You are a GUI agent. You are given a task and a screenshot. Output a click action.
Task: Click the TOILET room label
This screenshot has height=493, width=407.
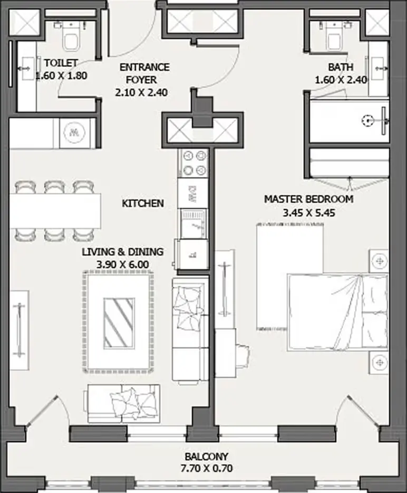coord(61,63)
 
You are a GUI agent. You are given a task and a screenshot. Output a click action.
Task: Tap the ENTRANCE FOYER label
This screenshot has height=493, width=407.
coord(144,73)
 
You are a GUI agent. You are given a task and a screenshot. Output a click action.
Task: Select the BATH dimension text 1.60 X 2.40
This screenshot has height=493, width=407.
coord(341,80)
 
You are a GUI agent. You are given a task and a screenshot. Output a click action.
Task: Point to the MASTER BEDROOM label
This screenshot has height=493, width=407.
coord(308,199)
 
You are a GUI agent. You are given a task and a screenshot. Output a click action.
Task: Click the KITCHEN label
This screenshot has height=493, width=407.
coord(143,203)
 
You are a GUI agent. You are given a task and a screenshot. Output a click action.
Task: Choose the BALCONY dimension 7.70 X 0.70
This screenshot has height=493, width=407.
coord(206,468)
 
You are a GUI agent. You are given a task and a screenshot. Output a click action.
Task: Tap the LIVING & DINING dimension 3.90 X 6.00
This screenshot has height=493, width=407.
coord(122,264)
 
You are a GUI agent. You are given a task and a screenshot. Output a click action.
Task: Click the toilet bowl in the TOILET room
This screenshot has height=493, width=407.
coord(71,37)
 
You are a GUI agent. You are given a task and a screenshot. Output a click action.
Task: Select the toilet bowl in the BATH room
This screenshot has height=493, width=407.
coord(334,37)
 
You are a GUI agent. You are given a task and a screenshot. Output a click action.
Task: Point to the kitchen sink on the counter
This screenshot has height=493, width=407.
coord(193,224)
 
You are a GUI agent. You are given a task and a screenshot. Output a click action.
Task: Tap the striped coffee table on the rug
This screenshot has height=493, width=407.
coord(119,323)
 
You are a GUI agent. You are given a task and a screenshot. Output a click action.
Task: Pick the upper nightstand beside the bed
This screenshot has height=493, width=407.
coord(379,261)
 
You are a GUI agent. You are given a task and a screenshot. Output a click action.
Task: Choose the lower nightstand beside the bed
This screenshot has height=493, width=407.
coord(379,363)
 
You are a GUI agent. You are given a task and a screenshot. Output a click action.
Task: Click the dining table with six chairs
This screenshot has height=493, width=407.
coord(55,211)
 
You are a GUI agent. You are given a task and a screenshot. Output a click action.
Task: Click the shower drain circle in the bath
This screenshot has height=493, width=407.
coord(367,120)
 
